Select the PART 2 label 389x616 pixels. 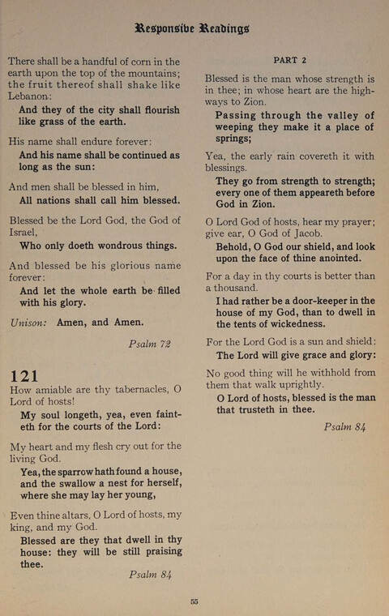click(290, 60)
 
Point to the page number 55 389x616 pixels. click(194, 601)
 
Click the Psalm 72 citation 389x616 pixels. click(149, 344)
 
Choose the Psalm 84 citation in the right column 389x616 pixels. click(345, 427)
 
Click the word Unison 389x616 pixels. click(28, 322)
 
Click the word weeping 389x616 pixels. click(242, 127)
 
